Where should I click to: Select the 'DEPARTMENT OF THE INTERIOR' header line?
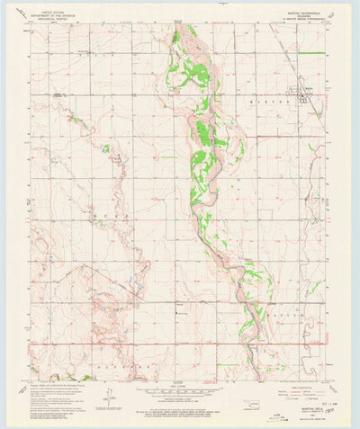click(56, 13)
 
